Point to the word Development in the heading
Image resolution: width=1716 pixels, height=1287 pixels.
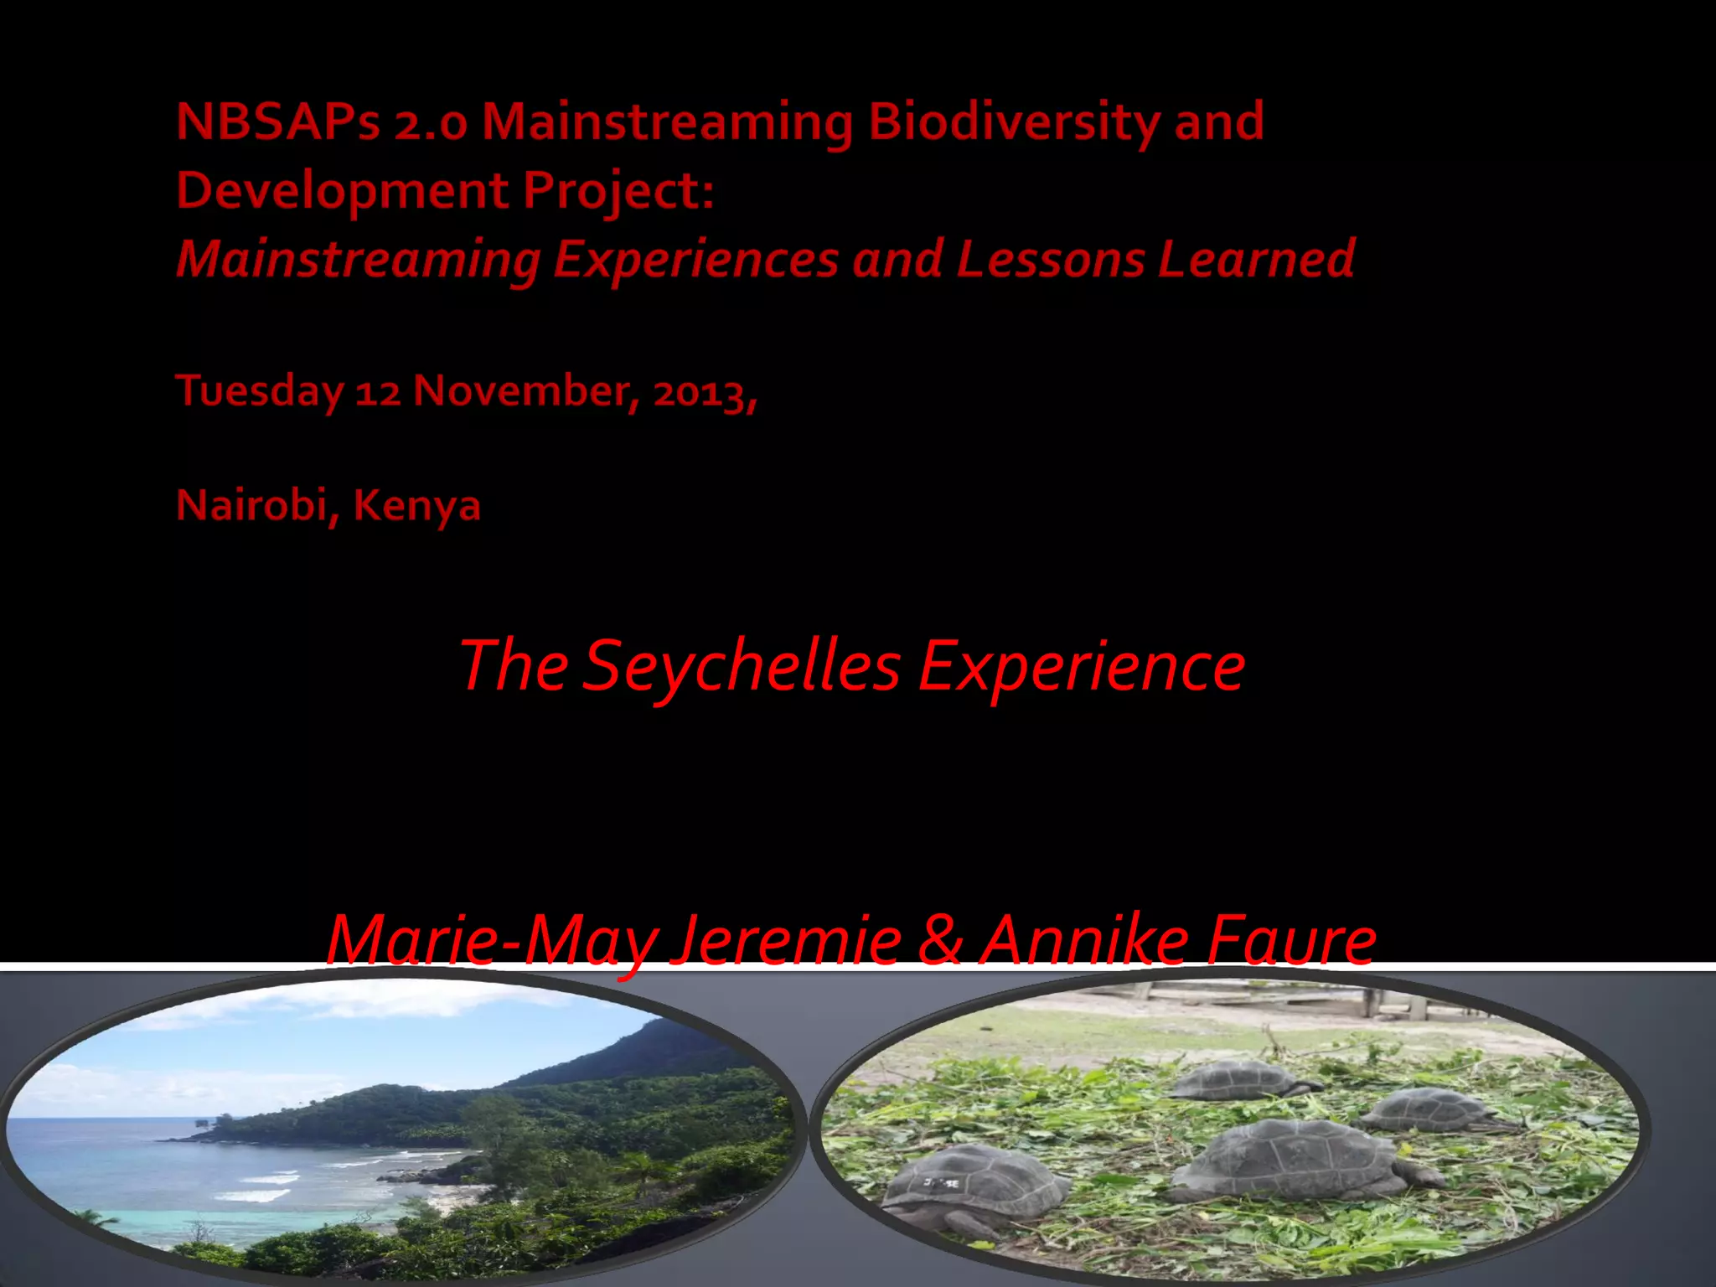click(x=342, y=192)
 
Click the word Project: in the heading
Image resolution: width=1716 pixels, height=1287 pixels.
click(x=618, y=192)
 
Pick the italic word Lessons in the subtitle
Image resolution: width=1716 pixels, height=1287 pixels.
click(x=1050, y=259)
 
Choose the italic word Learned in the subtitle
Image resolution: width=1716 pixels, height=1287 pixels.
click(x=1256, y=259)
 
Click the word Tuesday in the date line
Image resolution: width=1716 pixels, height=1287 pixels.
click(x=260, y=392)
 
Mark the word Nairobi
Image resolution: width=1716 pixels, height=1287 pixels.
click(x=251, y=505)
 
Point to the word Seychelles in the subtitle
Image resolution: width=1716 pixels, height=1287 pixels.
click(x=741, y=666)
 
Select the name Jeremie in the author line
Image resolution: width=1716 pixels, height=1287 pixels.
click(x=788, y=941)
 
